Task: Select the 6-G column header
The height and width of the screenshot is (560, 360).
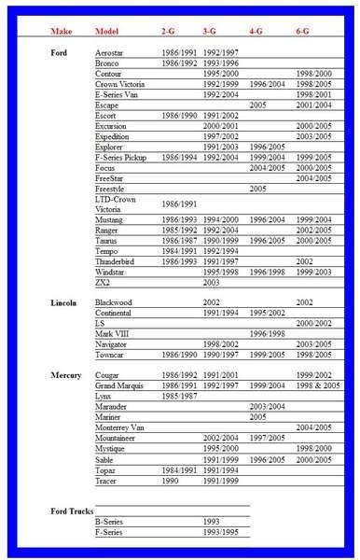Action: click(x=303, y=33)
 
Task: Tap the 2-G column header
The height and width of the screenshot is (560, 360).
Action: click(x=169, y=33)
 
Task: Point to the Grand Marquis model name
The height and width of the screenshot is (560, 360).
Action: click(x=121, y=385)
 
